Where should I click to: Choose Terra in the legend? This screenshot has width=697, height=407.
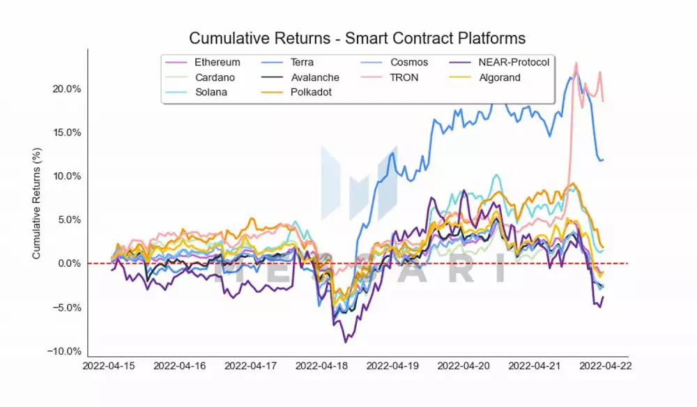(302, 63)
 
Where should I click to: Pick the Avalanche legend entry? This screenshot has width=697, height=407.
(315, 77)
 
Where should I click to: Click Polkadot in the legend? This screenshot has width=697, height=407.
(311, 93)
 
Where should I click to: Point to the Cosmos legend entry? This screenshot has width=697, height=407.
(409, 63)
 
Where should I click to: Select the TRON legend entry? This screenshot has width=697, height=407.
(404, 77)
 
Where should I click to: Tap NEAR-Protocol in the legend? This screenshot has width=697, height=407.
(514, 63)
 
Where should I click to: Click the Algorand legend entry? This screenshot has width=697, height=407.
(499, 77)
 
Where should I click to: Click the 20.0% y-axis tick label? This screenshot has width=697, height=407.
(66, 89)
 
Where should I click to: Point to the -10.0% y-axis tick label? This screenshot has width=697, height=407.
(64, 351)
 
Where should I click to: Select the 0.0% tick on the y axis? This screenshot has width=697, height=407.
(68, 263)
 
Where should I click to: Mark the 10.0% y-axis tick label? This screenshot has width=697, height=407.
(66, 176)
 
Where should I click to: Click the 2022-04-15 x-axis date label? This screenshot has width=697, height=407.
(109, 365)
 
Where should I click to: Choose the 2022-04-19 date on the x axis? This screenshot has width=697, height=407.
(393, 365)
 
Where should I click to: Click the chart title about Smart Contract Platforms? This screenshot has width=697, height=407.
(357, 38)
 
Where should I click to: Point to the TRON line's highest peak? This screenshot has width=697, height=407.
(576, 63)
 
